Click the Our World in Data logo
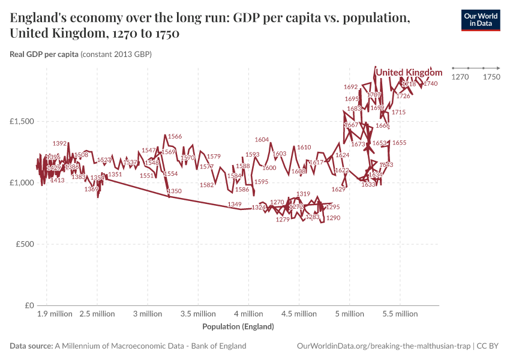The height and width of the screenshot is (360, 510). point(481,20)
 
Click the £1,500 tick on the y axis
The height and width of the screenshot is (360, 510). point(22,121)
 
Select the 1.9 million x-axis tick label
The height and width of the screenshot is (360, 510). point(54,314)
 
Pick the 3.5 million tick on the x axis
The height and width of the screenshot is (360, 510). point(198,314)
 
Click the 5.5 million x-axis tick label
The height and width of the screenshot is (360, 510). point(400,314)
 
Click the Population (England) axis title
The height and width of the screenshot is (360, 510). point(238,327)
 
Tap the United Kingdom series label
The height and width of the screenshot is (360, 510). point(409,73)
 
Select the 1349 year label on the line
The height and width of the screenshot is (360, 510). point(235,205)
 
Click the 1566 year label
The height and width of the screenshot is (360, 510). point(175,137)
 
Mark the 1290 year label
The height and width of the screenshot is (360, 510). point(333,218)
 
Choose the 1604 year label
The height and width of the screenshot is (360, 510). point(262,140)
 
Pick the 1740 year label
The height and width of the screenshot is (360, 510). point(430,84)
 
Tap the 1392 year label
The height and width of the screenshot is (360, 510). point(60,143)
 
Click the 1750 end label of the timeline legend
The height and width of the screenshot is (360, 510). point(491,77)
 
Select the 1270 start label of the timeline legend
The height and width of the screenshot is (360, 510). point(460,77)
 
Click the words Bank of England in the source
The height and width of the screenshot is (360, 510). point(219,346)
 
